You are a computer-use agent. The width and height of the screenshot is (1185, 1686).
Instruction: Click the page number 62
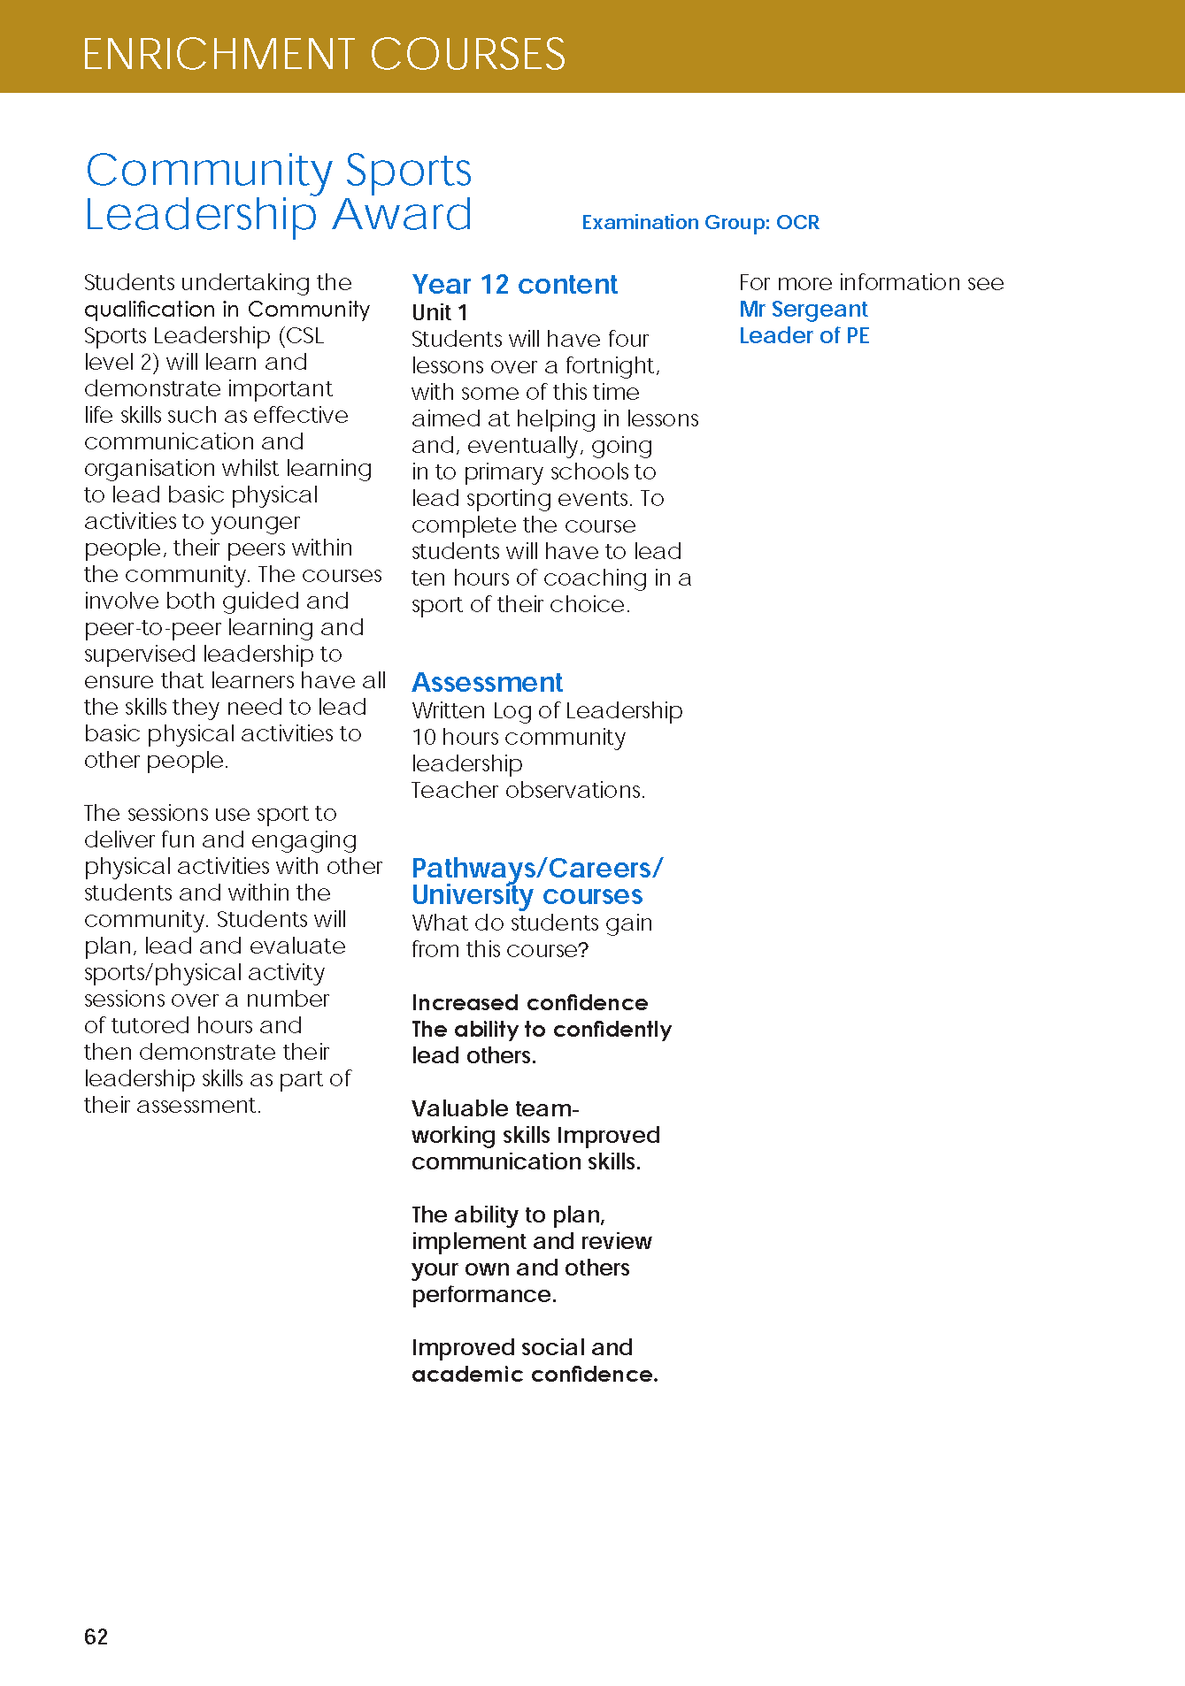coord(96,1636)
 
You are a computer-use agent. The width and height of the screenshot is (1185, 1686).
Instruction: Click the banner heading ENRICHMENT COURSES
coord(324,54)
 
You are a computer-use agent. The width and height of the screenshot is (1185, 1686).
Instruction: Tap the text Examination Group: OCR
coord(700,222)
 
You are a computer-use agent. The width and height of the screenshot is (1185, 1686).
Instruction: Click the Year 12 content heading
coord(514,284)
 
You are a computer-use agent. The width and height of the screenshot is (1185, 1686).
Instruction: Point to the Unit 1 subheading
coord(440,312)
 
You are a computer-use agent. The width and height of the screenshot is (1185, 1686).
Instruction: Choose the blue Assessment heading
coord(487,682)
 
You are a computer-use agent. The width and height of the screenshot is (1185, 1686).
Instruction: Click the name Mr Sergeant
coord(803,309)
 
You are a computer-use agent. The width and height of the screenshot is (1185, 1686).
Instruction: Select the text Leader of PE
coord(804,335)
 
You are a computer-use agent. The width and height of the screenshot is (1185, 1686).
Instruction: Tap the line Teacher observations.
coord(527,790)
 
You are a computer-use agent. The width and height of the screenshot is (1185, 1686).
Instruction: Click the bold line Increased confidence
coord(529,1002)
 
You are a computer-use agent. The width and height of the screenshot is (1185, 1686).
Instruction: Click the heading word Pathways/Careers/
coord(536,868)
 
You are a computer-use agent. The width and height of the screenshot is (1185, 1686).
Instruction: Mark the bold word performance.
coord(483,1294)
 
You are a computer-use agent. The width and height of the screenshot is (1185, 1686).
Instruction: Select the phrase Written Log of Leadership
coord(547,710)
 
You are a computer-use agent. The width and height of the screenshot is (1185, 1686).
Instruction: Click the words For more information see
coord(871,282)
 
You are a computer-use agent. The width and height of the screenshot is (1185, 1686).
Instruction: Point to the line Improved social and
coord(521,1347)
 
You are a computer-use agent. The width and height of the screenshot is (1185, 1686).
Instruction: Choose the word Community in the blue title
coord(209,170)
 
